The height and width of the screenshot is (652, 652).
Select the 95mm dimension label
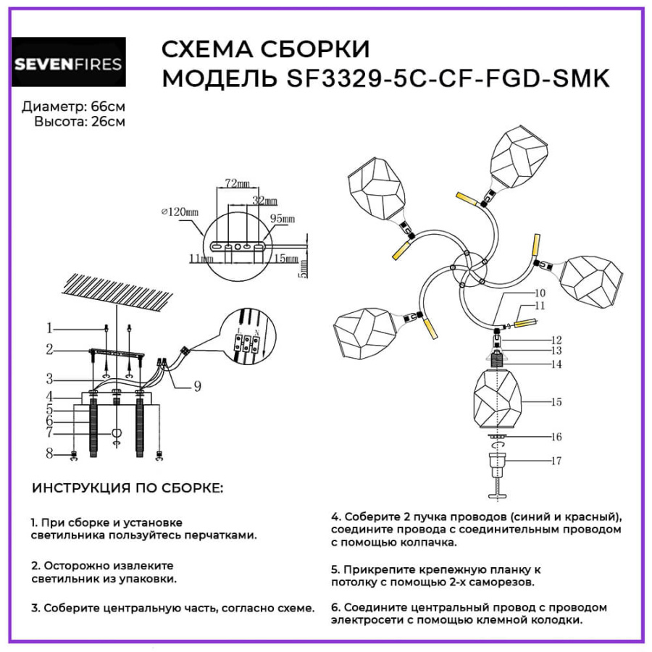(283, 218)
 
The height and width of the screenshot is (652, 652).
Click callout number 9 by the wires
(197, 387)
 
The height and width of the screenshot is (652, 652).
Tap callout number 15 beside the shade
(556, 401)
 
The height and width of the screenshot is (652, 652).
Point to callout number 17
(556, 461)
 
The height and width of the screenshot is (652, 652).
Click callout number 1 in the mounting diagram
(50, 327)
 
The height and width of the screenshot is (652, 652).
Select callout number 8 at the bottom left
(50, 454)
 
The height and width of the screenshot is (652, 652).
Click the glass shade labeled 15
(501, 401)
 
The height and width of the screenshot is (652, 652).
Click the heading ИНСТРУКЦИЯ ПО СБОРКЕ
(128, 489)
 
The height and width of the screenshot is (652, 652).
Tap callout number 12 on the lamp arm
(556, 339)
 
